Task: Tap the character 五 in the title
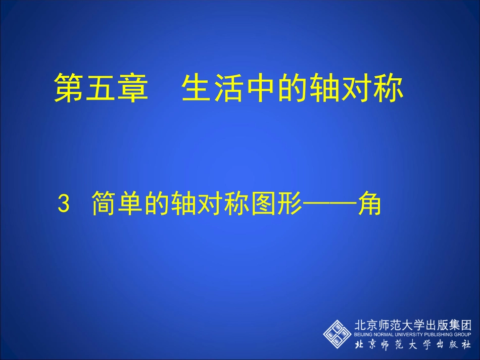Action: click(x=101, y=89)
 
